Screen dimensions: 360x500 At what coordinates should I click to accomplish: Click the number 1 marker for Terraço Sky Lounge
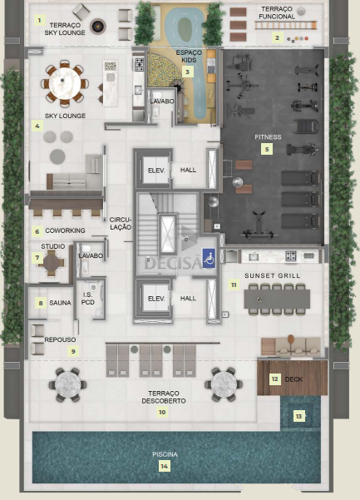point(40,21)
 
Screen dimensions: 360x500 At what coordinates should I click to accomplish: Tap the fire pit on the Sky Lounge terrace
point(97,26)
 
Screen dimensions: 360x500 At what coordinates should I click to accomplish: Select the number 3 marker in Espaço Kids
point(188,72)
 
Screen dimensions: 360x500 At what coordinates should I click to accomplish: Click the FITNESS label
point(268,137)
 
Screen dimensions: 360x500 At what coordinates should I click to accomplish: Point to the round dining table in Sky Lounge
point(65,83)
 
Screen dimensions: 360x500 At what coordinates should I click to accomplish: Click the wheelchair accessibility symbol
point(209,258)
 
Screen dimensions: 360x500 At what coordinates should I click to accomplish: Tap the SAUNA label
point(60,303)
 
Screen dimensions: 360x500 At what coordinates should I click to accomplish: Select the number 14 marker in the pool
point(164,466)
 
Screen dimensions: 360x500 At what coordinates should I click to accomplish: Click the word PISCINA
point(165,454)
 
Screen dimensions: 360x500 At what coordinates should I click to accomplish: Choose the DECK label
point(293,379)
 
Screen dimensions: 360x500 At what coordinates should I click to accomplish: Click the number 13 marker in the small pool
point(298,416)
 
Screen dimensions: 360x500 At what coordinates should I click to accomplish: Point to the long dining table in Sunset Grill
point(277,299)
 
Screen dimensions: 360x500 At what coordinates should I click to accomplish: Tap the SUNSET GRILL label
point(273,275)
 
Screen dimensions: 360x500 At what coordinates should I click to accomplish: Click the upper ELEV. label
point(156,171)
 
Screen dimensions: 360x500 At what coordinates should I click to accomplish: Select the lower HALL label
point(188,298)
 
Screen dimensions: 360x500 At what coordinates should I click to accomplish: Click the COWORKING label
point(65,230)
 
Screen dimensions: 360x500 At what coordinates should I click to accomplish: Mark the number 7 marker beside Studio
point(37,257)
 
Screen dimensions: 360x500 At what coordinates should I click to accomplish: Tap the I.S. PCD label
point(87,298)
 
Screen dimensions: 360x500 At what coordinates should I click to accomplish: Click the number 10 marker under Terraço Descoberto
point(162,412)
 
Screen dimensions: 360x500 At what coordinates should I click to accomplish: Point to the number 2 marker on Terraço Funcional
point(277,37)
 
